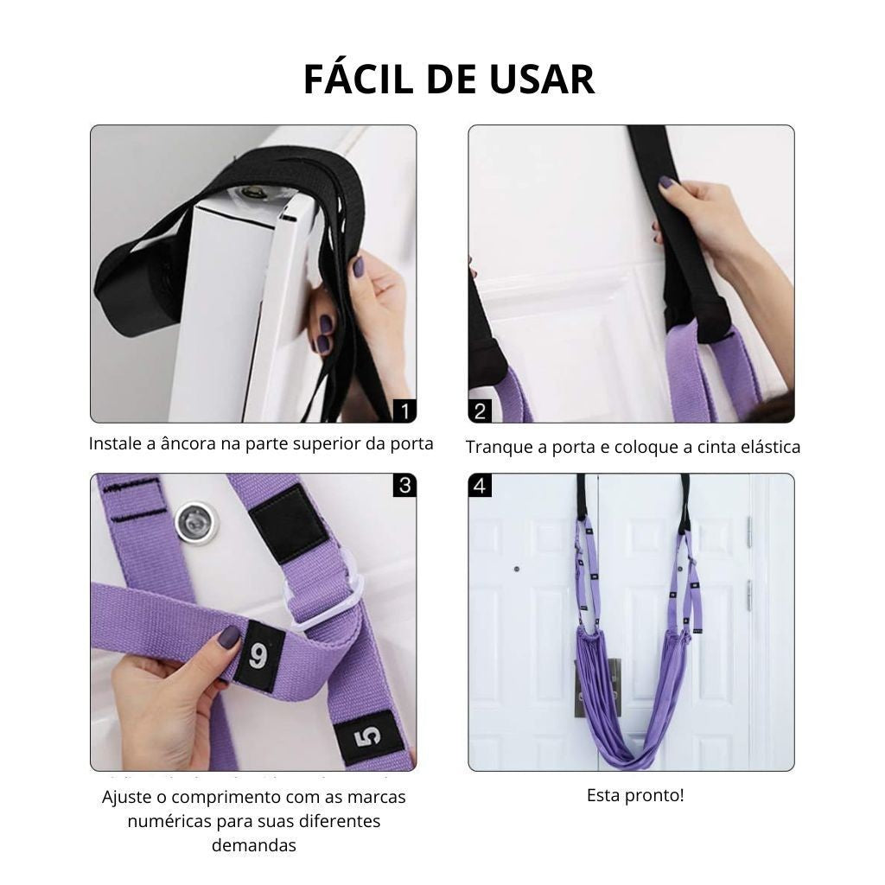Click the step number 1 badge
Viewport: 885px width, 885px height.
coord(404,410)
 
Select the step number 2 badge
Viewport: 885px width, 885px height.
coord(481,411)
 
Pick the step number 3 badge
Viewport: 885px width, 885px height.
coord(404,485)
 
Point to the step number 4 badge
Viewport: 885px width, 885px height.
coord(481,486)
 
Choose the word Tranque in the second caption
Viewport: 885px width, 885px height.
coord(500,448)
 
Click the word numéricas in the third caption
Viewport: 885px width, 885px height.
coord(172,821)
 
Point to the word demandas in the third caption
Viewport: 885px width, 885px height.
coord(253,845)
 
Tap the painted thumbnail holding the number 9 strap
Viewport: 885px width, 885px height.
coord(229,637)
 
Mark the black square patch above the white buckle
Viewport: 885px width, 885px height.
coord(288,522)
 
